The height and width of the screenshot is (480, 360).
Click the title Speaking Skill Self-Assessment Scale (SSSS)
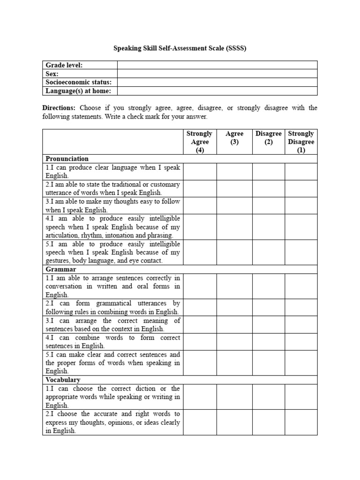[180, 48]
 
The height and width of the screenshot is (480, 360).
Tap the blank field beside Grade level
[217, 65]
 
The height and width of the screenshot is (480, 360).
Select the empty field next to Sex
[217, 74]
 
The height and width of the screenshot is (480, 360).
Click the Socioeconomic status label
[78, 82]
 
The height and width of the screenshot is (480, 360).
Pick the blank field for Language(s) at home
[217, 91]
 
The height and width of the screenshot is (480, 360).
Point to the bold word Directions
[59, 108]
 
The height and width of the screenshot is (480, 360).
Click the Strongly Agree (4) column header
[200, 142]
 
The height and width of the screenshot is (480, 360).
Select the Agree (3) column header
[234, 137]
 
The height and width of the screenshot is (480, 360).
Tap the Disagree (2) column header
[269, 137]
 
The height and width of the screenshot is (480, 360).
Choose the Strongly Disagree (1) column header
[301, 142]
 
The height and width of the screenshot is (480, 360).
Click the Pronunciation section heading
[67, 158]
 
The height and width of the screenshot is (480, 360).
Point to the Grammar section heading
[61, 270]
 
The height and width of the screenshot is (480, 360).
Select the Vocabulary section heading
[63, 380]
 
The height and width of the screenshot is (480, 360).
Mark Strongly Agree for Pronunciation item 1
[200, 172]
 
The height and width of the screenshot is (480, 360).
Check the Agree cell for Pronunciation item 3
[234, 206]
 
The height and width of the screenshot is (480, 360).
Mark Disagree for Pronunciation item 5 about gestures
[269, 252]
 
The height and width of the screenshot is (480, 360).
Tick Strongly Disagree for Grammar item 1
[301, 286]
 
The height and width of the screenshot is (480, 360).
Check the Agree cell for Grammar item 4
[234, 342]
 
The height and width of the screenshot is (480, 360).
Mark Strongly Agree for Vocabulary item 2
[200, 422]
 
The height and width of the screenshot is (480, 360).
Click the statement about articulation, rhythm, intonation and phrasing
[112, 227]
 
